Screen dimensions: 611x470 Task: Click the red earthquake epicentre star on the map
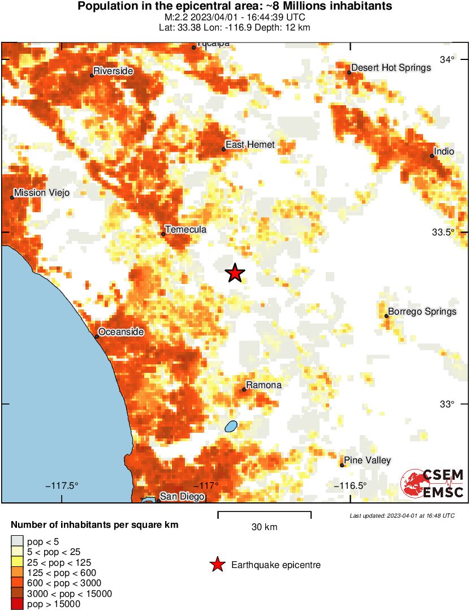click(235, 273)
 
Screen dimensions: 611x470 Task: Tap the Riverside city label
click(113, 71)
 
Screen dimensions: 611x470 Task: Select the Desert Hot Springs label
click(391, 68)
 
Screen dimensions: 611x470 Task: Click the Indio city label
click(443, 152)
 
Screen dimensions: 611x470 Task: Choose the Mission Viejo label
click(42, 193)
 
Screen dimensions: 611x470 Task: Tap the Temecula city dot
click(163, 234)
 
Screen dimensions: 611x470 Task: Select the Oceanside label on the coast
click(121, 332)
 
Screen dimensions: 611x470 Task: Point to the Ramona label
click(264, 385)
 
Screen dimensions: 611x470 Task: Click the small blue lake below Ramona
click(230, 426)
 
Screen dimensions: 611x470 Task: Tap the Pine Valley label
click(367, 461)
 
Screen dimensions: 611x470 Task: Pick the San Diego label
click(182, 497)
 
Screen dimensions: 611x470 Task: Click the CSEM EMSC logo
click(433, 484)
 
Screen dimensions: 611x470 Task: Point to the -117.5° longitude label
click(61, 485)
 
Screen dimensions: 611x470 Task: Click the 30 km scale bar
click(264, 514)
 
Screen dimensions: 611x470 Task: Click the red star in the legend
click(217, 565)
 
